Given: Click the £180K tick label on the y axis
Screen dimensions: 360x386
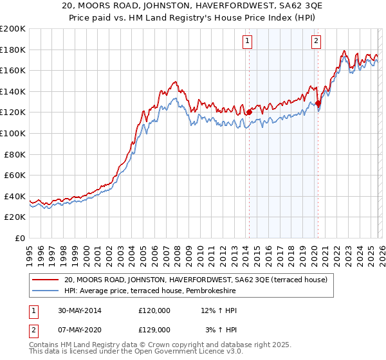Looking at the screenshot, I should (x=13, y=50).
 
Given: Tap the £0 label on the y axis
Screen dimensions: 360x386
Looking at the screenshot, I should (x=20, y=238).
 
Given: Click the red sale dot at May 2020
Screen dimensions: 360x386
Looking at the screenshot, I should (x=318, y=103).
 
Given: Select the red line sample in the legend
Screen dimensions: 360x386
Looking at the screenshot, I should (x=45, y=280).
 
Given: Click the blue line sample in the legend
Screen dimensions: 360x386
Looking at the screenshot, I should (x=45, y=291).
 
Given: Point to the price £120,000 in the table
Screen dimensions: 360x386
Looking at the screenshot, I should (x=154, y=310).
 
